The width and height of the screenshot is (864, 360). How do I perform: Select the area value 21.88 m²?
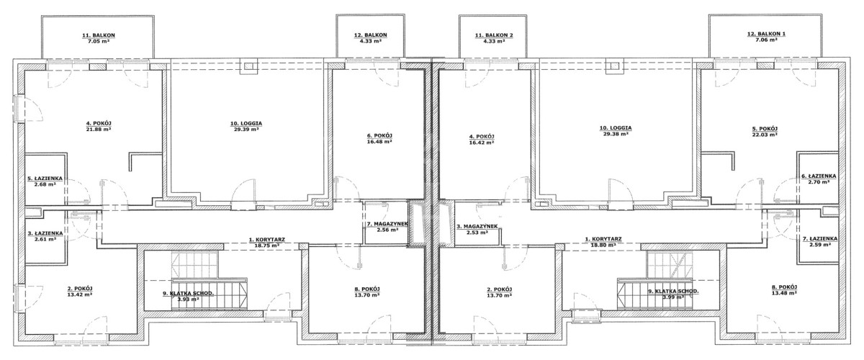coord(99,130)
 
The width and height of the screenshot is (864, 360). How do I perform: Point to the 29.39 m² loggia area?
coord(246,130)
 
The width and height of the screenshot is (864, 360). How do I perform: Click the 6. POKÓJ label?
coord(379,135)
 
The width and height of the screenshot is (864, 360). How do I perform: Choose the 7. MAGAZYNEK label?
coord(384,224)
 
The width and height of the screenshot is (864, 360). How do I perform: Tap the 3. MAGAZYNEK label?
coord(477,227)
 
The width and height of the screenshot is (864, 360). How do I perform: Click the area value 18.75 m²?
coord(267,245)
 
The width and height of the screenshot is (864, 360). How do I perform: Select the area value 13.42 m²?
coord(80,294)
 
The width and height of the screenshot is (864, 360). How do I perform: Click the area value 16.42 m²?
coord(482,143)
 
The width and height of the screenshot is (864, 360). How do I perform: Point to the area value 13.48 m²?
coord(784,293)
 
